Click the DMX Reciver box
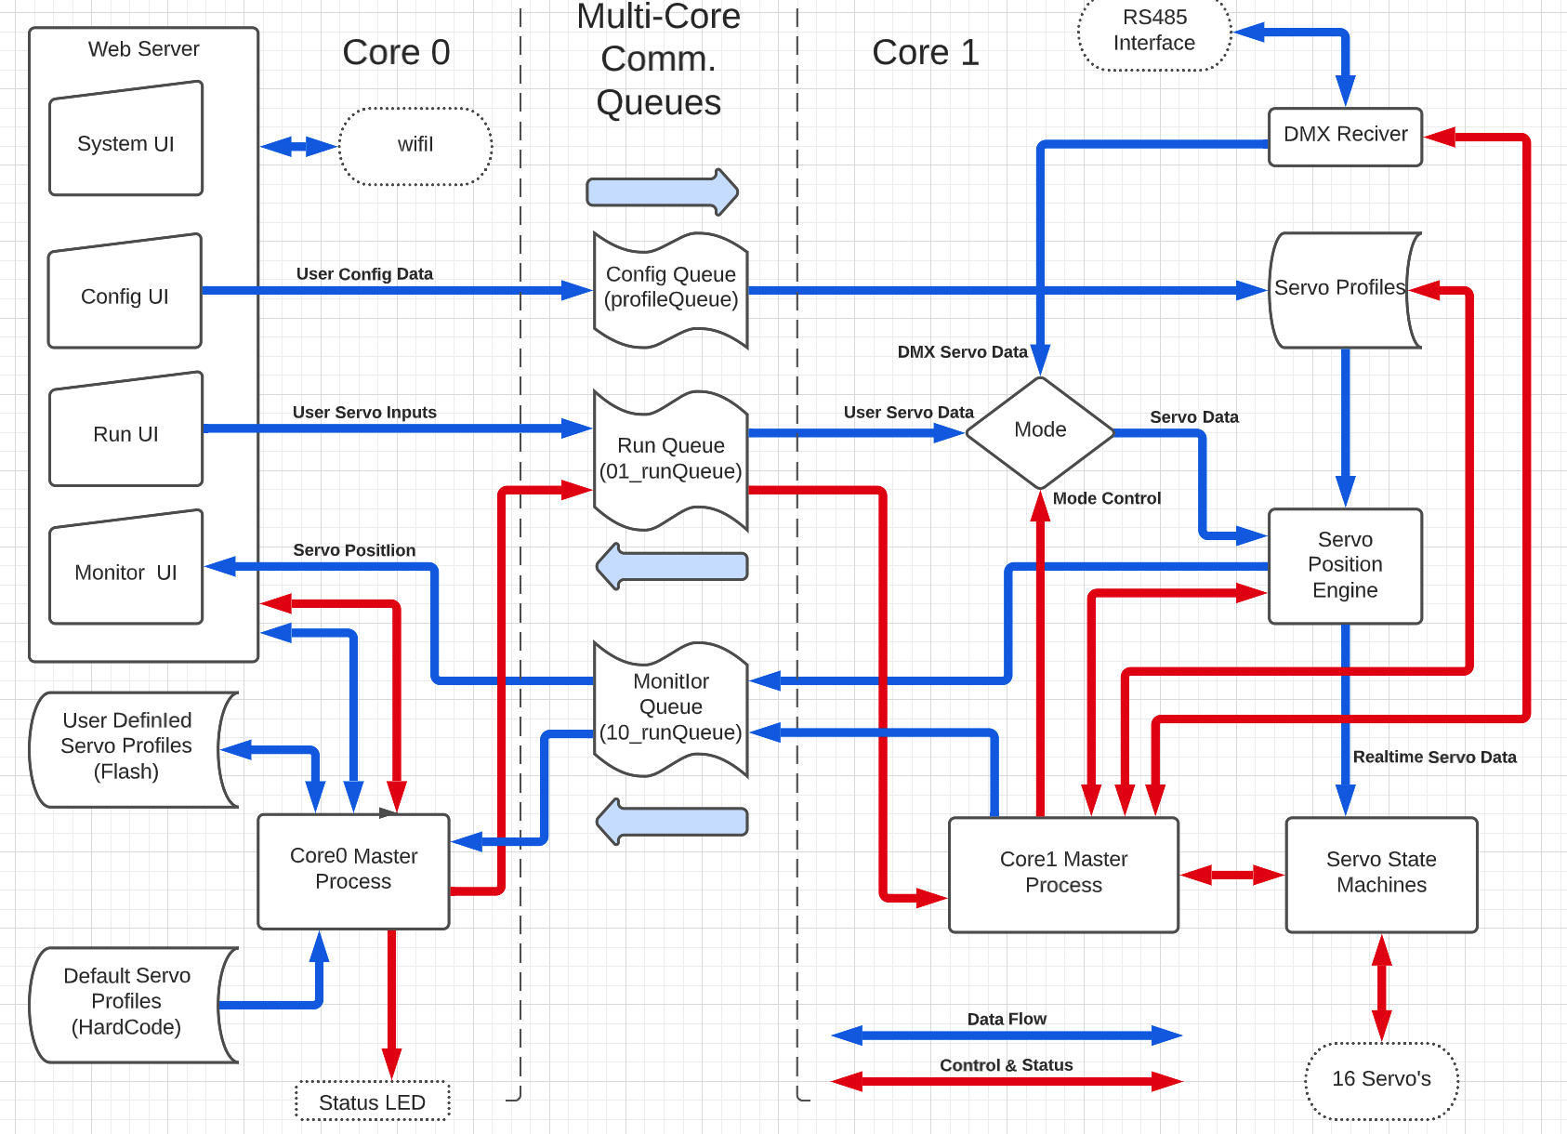tap(1345, 136)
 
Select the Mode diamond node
tap(1040, 431)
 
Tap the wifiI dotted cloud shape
tap(415, 146)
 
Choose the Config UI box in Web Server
tap(125, 295)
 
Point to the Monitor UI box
tap(125, 570)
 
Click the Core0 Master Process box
tap(353, 870)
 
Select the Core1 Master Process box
tap(1063, 874)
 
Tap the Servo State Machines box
tap(1381, 874)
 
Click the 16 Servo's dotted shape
tap(1381, 1079)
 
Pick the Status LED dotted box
tap(372, 1101)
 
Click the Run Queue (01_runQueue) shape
tap(670, 460)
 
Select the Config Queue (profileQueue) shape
tap(670, 289)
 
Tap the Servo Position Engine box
tap(1345, 565)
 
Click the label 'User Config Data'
tap(364, 274)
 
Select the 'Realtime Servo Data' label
tap(1434, 758)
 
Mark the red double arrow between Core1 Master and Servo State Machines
tap(1231, 875)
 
